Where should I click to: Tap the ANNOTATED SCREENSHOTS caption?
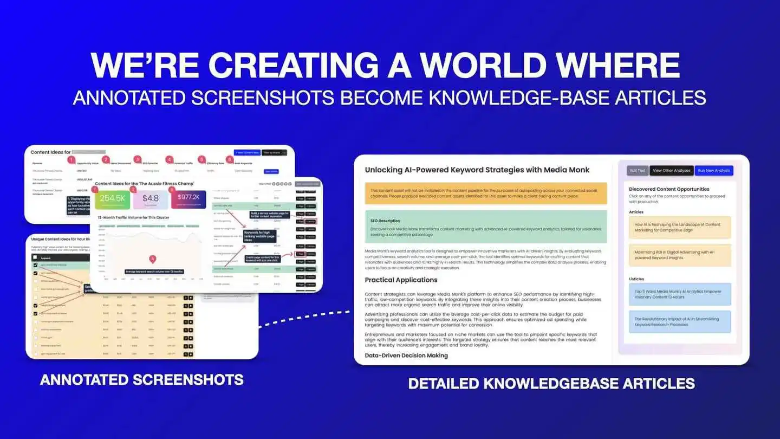tap(142, 379)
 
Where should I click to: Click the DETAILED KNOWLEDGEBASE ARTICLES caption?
tap(551, 384)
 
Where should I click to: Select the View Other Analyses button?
tap(671, 170)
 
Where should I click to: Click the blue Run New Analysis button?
tap(714, 170)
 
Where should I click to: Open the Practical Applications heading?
tap(401, 280)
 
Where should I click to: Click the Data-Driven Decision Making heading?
tap(406, 356)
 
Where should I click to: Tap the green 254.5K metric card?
tap(112, 198)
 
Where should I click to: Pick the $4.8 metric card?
tap(151, 198)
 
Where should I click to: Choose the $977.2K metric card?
tap(188, 198)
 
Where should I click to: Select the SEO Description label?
tap(385, 221)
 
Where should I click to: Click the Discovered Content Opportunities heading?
tap(669, 189)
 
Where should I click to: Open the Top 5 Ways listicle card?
tap(680, 294)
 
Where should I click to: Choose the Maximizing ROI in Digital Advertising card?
tap(680, 255)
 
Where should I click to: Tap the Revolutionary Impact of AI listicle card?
tap(680, 322)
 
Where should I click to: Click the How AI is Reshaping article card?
tap(680, 227)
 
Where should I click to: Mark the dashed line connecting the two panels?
tap(305, 319)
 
